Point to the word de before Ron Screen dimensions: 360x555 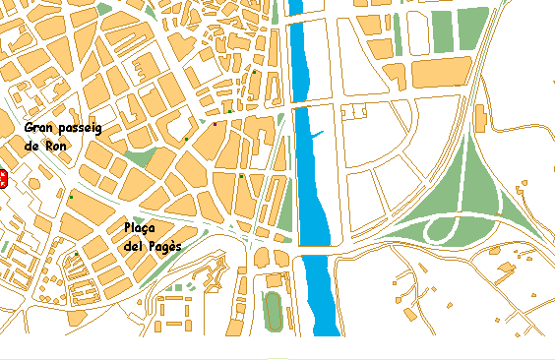(x=32, y=146)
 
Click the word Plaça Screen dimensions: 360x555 (x=143, y=228)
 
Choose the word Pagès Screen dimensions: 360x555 (x=164, y=246)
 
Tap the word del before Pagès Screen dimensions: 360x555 (x=136, y=246)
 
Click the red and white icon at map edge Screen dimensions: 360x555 (x=3, y=179)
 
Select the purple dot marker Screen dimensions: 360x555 (x=215, y=125)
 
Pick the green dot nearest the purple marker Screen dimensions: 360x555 (x=228, y=112)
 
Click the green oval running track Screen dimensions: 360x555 (x=273, y=312)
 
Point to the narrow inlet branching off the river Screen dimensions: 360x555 (x=320, y=133)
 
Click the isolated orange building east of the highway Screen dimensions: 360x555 (x=480, y=119)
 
